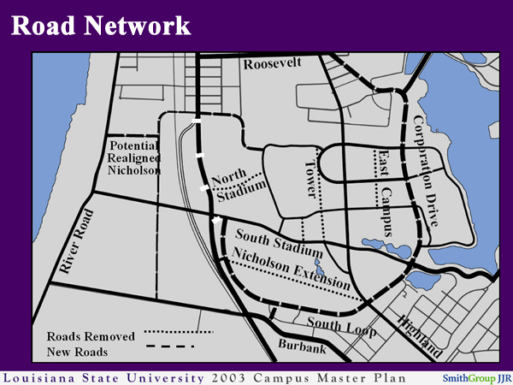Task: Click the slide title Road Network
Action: tap(101, 25)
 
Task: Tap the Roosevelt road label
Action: tap(274, 65)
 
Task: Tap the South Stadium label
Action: tap(280, 243)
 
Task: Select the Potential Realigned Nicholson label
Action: tap(134, 158)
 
